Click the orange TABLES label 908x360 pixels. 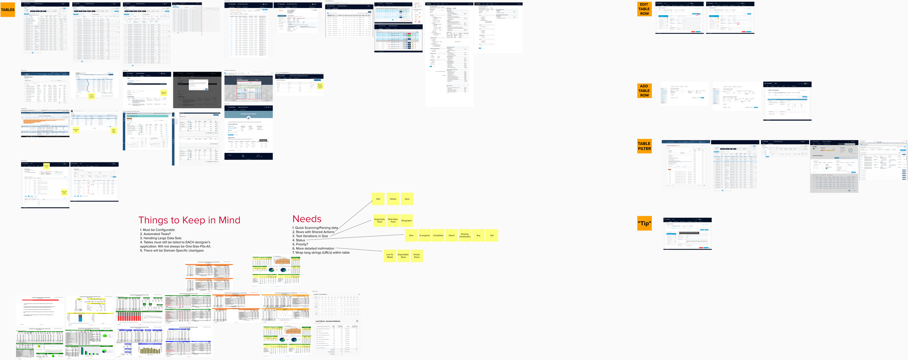[x=8, y=10]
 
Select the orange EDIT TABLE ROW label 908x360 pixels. [x=644, y=9]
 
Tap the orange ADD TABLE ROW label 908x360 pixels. [x=644, y=91]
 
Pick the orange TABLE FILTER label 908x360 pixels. [x=644, y=146]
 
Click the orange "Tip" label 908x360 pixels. [x=644, y=223]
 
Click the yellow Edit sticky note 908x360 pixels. [x=378, y=199]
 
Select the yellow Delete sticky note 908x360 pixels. [x=393, y=199]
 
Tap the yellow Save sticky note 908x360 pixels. [x=407, y=199]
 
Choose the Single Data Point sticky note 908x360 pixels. [x=380, y=221]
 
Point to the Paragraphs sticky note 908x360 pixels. [x=406, y=221]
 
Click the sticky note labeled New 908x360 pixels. [x=411, y=235]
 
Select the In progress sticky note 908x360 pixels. [x=425, y=235]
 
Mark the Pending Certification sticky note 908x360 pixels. [x=465, y=235]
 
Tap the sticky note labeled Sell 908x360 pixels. [x=492, y=235]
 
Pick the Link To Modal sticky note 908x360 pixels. [x=390, y=256]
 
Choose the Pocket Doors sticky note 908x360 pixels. [x=417, y=256]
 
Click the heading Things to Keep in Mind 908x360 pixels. [x=189, y=220]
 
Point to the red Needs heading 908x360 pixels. [x=307, y=219]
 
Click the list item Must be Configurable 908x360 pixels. [x=159, y=230]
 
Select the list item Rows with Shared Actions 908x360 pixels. [x=315, y=232]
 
